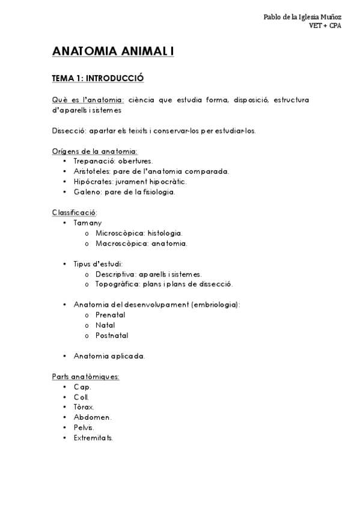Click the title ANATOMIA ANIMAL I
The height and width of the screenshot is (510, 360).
click(112, 52)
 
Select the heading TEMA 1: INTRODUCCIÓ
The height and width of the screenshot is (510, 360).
click(98, 78)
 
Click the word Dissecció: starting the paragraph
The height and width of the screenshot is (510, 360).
click(69, 131)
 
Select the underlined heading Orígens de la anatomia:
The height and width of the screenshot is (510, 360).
click(95, 151)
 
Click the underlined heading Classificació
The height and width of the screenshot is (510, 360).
click(74, 212)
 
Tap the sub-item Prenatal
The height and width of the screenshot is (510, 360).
click(110, 315)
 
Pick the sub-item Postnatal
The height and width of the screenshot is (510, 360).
click(112, 335)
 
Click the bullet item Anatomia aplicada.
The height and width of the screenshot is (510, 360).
click(109, 356)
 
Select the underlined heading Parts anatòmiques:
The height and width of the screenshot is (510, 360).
click(86, 376)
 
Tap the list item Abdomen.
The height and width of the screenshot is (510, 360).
click(92, 417)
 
